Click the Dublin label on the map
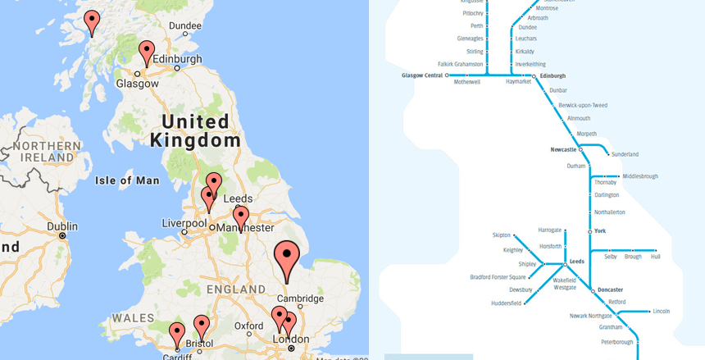click(62, 226)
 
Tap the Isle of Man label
click(127, 180)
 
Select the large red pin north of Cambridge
click(286, 258)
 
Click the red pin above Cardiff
click(177, 334)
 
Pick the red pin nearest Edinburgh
click(147, 52)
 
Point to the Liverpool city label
click(184, 223)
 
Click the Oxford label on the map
click(248, 326)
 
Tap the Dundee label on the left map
click(184, 26)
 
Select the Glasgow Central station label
click(422, 75)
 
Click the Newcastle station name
click(563, 149)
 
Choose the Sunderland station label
click(625, 154)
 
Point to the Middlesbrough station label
click(639, 176)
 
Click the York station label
click(600, 231)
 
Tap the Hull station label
click(655, 257)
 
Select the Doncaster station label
click(610, 289)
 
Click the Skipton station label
click(502, 235)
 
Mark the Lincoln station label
click(661, 312)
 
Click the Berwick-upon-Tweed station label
click(583, 105)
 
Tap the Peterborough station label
click(617, 342)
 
